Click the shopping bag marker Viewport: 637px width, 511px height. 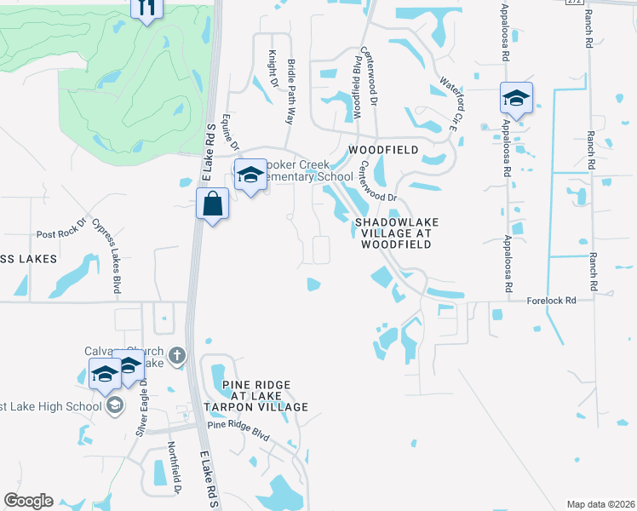(x=212, y=204)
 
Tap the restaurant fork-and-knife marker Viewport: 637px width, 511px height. (x=146, y=7)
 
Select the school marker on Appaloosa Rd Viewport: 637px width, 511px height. (x=516, y=98)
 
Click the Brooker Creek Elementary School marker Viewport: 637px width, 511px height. (x=250, y=175)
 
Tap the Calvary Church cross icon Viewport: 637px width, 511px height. (x=176, y=355)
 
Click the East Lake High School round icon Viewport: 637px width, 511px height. (x=114, y=405)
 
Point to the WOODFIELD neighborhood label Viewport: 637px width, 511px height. (x=383, y=150)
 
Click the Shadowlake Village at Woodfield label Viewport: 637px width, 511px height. (x=393, y=233)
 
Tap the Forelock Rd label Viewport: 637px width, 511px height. (x=551, y=301)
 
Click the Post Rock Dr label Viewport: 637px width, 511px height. (x=58, y=234)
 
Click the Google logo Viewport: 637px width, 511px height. (x=28, y=501)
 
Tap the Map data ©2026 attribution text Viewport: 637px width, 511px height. (x=600, y=504)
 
